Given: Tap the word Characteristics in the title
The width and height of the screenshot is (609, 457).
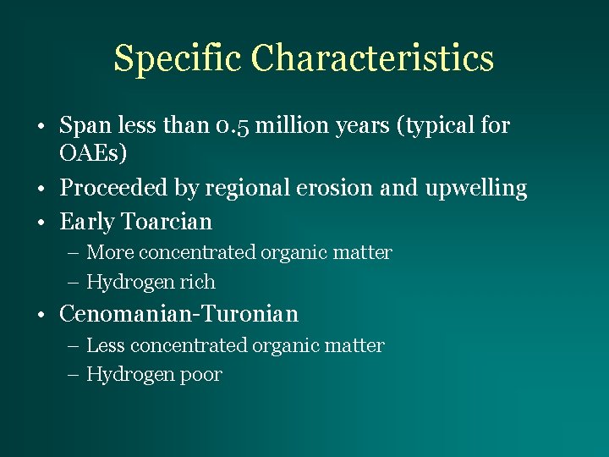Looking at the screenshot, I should click(372, 58).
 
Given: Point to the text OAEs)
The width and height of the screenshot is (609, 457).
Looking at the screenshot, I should click(93, 155).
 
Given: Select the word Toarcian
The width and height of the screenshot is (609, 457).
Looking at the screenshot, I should click(167, 222).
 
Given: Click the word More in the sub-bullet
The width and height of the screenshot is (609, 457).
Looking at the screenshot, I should click(110, 252).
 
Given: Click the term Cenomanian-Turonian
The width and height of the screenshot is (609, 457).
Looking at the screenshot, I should click(178, 314).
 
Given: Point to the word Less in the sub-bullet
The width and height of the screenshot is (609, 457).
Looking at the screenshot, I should click(106, 345).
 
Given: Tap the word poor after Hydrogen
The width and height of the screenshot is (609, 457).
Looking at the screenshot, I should click(200, 375).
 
